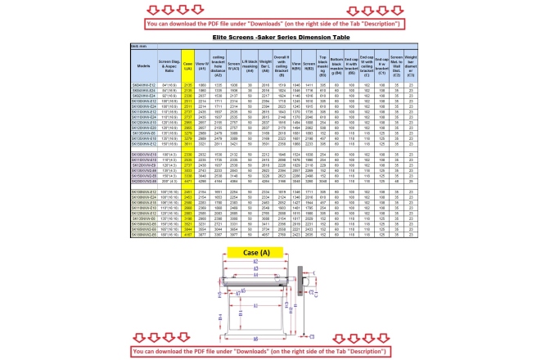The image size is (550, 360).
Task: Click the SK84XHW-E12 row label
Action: coord(143,83)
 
